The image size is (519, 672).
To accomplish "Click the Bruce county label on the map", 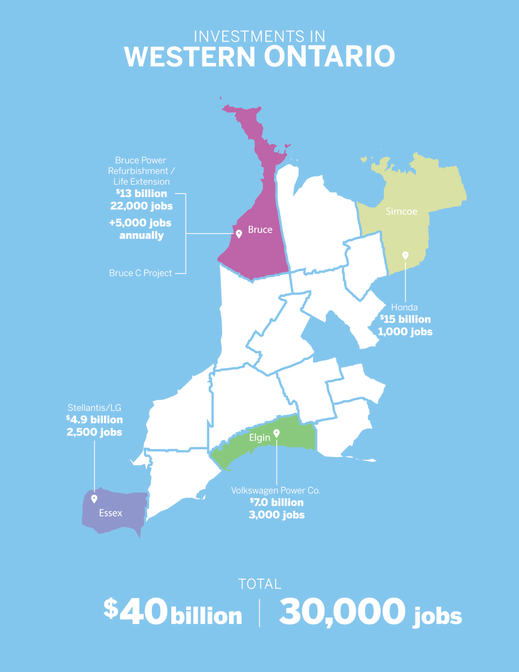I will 260,230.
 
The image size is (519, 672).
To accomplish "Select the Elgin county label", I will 260,437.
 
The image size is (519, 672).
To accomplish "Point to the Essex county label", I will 110,512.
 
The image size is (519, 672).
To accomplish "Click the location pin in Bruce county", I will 239,234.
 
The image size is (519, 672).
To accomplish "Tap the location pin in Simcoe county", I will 405,255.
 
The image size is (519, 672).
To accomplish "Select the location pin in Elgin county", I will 277,433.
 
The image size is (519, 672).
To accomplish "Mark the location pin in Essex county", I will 94,498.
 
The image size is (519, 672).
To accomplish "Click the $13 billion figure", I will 142,194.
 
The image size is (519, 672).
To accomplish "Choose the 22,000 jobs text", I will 142,206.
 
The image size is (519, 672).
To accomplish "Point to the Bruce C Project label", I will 141,273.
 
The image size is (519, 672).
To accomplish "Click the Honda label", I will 404,307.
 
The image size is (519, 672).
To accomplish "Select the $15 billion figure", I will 406,319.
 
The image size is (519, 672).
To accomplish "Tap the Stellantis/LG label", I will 94,407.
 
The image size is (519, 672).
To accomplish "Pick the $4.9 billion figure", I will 94,420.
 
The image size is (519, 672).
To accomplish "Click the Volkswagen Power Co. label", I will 276,491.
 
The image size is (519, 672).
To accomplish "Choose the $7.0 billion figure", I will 277,502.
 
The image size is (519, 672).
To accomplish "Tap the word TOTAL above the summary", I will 259,584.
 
